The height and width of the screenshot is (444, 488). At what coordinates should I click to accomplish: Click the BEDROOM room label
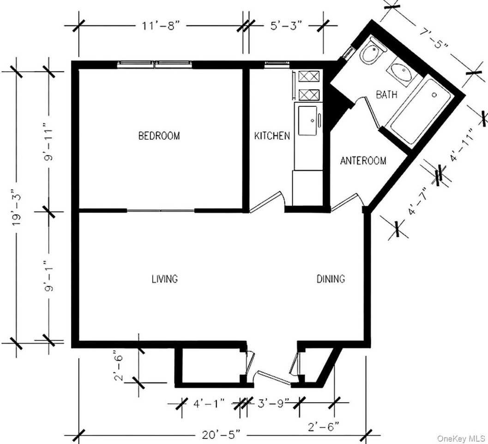click(159, 136)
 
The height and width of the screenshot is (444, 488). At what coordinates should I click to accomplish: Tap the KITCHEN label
click(272, 136)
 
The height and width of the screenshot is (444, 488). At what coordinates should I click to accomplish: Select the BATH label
click(386, 95)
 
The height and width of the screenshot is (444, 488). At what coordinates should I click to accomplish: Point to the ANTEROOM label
click(363, 161)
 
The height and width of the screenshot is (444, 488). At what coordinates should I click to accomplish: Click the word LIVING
click(165, 279)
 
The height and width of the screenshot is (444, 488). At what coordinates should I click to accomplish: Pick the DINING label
click(331, 279)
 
